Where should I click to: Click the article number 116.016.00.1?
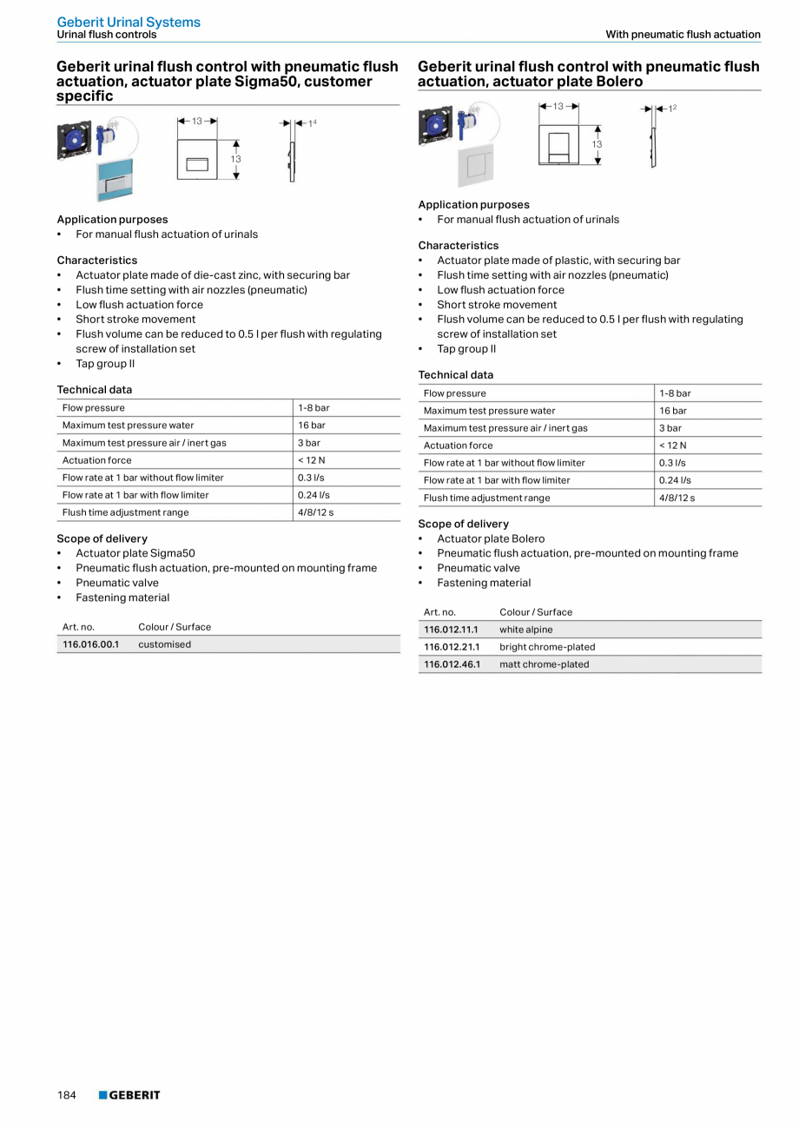(x=90, y=644)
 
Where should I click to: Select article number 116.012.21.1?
(x=452, y=647)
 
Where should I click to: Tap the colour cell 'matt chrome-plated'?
(x=544, y=664)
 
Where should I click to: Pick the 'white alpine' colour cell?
(x=525, y=630)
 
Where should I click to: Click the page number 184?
(x=67, y=1095)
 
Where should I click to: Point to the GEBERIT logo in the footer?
(x=129, y=1095)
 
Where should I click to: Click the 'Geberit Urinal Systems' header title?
(x=129, y=22)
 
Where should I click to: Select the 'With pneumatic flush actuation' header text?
(x=683, y=35)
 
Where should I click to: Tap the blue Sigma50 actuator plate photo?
(x=115, y=180)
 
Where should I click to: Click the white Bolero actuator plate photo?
(x=476, y=165)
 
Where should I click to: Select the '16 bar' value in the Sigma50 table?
(x=312, y=426)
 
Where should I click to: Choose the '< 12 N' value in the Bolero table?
(x=672, y=446)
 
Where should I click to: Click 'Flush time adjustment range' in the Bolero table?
(x=486, y=498)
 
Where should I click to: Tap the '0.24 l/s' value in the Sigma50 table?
(x=314, y=495)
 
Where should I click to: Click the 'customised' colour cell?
(x=164, y=644)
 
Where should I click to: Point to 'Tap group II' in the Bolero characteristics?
(x=466, y=349)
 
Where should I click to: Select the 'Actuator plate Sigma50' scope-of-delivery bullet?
(x=135, y=553)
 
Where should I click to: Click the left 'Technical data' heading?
(x=95, y=390)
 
